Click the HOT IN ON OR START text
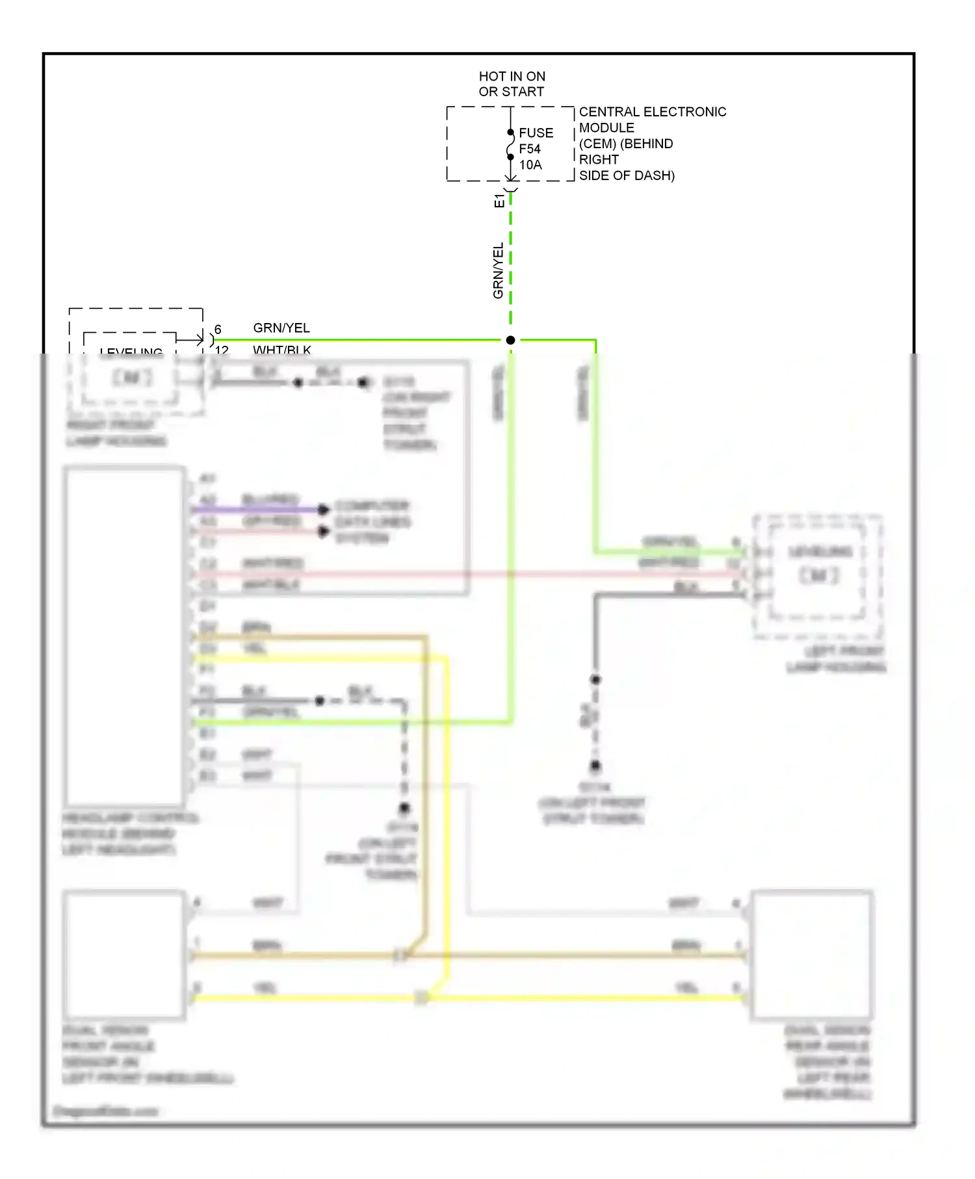[x=512, y=84]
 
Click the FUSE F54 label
[x=536, y=140]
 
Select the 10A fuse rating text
[x=530, y=165]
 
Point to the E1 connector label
[x=499, y=200]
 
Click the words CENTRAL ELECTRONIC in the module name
[x=652, y=112]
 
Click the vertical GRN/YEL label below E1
[x=498, y=270]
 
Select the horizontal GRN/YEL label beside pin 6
[x=281, y=328]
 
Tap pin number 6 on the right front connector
[x=218, y=330]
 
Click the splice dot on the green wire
[x=510, y=340]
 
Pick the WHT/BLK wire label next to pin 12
[x=281, y=350]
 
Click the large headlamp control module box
[x=124, y=636]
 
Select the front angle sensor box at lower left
[x=123, y=954]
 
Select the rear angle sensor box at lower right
[x=811, y=954]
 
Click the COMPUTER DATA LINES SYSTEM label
[x=372, y=522]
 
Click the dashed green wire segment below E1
[x=510, y=260]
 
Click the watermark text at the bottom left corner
[x=105, y=1111]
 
